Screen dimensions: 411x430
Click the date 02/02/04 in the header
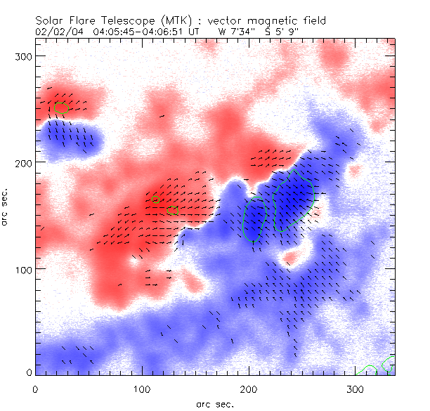pyautogui.click(x=56, y=32)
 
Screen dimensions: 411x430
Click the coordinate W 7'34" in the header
pyautogui.click(x=239, y=32)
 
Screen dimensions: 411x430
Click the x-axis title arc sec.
pyautogui.click(x=214, y=403)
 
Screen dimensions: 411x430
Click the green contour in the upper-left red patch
pyautogui.click(x=61, y=107)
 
